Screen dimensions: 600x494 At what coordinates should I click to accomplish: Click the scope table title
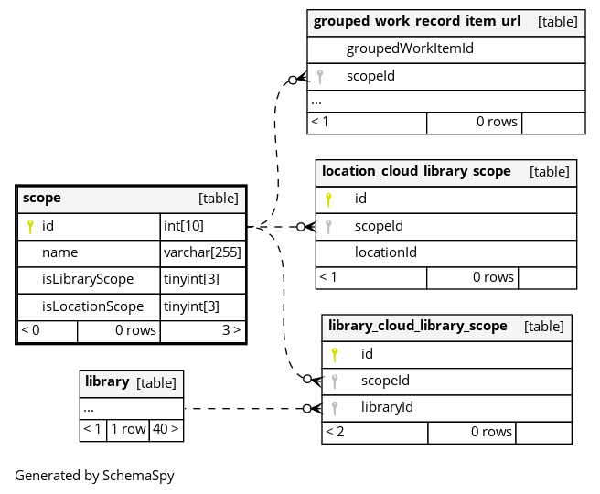click(x=42, y=199)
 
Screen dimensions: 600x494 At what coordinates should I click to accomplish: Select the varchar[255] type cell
click(x=202, y=252)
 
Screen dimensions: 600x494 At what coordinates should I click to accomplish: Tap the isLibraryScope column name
click(x=88, y=279)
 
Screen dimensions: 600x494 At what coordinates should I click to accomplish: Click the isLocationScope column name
click(x=92, y=306)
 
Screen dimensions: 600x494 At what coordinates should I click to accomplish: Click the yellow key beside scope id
click(x=30, y=227)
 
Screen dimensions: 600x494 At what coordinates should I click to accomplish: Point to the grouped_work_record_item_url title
click(x=417, y=21)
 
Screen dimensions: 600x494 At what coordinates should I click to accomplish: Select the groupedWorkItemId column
click(x=410, y=48)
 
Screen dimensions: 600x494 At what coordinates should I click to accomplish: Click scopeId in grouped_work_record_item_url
click(x=370, y=76)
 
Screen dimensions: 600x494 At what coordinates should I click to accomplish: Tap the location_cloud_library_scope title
click(x=416, y=171)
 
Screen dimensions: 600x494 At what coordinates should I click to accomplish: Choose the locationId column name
click(x=386, y=252)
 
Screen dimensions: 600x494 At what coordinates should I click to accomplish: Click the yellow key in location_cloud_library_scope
click(x=328, y=199)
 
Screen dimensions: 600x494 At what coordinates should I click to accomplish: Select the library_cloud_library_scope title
click(x=417, y=326)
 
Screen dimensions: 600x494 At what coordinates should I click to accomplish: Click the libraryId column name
click(x=387, y=407)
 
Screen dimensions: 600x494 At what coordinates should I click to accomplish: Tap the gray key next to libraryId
click(x=335, y=408)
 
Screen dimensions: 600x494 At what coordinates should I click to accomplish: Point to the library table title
click(x=107, y=381)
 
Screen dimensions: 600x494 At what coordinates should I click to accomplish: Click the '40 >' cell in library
click(x=166, y=429)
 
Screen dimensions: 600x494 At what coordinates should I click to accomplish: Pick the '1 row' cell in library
click(x=128, y=429)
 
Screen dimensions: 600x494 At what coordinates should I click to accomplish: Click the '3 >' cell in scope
click(x=203, y=330)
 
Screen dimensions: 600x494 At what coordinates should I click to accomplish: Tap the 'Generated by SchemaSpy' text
click(x=94, y=476)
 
